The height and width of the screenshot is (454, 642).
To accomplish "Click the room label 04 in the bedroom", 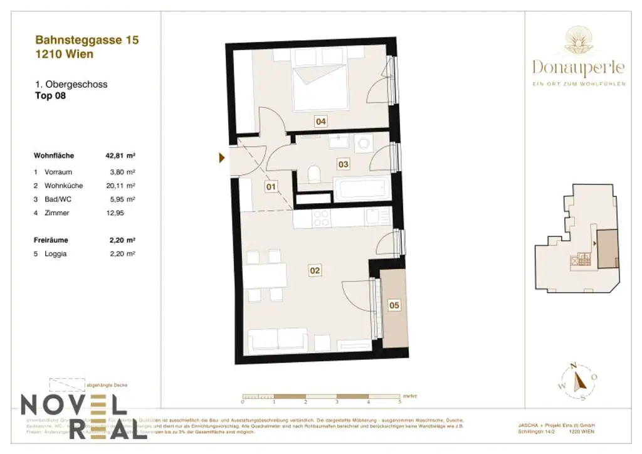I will (x=321, y=122).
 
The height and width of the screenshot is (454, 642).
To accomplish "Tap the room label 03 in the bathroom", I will (x=343, y=164).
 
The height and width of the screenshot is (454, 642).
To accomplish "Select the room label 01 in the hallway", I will (x=270, y=186).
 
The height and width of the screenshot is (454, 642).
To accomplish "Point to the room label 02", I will (x=315, y=271).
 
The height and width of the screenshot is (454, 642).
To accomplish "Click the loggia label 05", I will (x=394, y=305).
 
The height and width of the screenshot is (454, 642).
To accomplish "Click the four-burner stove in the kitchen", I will (x=322, y=218).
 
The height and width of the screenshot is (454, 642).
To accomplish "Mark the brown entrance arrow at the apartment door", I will (x=222, y=158).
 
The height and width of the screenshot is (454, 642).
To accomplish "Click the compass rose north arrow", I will (x=581, y=379).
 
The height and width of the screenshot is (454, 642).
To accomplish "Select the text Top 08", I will (x=50, y=97).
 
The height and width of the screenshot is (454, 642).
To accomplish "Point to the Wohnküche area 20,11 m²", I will (x=122, y=186).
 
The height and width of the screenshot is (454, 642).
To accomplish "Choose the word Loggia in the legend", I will (x=55, y=254).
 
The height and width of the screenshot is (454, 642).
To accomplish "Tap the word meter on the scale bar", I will (x=409, y=396).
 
